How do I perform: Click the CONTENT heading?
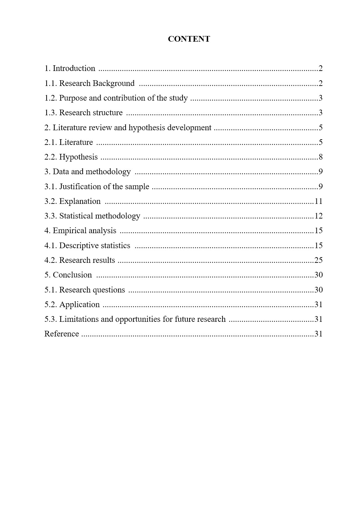tap(189, 39)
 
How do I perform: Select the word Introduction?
tap(74, 68)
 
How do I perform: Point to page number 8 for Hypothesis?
tap(320, 157)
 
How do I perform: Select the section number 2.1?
tap(51, 142)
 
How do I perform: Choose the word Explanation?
tap(80, 201)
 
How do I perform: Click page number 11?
tap(318, 201)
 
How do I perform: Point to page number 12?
tap(318, 216)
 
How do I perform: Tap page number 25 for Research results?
tap(318, 260)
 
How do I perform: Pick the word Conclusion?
tap(72, 275)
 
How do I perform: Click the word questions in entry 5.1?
tap(109, 290)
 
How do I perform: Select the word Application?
tap(79, 304)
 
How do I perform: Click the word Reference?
tap(62, 334)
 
